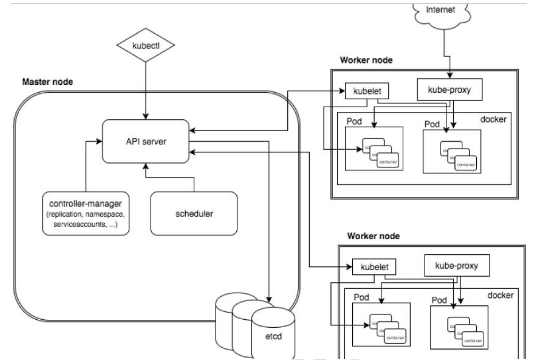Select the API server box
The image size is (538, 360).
(146, 141)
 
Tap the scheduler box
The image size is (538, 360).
(194, 213)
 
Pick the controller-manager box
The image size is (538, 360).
(86, 213)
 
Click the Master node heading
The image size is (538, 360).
(47, 82)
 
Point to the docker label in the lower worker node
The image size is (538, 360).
(501, 295)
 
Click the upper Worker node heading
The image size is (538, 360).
(366, 61)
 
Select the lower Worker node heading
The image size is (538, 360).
(373, 236)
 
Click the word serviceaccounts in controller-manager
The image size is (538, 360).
(86, 225)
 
